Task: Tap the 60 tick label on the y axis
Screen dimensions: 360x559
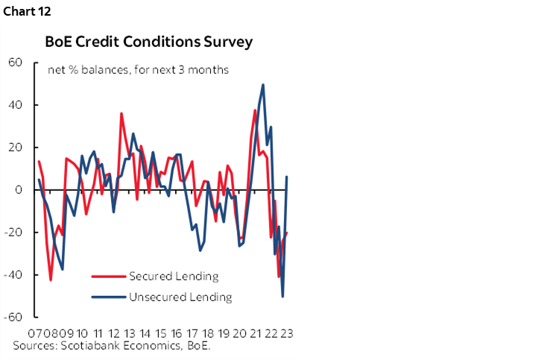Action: pyautogui.click(x=15, y=63)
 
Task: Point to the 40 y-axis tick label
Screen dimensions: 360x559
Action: pyautogui.click(x=15, y=105)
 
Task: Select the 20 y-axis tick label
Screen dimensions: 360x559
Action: pyautogui.click(x=15, y=148)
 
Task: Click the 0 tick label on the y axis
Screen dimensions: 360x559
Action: pyautogui.click(x=19, y=190)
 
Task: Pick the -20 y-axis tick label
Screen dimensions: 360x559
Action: pyautogui.click(x=13, y=233)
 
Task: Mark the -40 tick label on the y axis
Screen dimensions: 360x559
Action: pyautogui.click(x=13, y=275)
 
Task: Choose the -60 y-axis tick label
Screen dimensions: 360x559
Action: pyautogui.click(x=13, y=318)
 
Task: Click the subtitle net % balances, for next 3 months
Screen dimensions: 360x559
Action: pyautogui.click(x=138, y=71)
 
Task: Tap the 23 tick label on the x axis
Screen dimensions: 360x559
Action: pyautogui.click(x=285, y=333)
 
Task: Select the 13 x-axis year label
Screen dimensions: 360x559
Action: pyautogui.click(x=129, y=333)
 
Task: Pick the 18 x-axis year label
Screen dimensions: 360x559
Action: pyautogui.click(x=207, y=333)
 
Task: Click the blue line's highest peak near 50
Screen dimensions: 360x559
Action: pyautogui.click(x=263, y=85)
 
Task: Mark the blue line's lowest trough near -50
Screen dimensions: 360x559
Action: pyautogui.click(x=282, y=297)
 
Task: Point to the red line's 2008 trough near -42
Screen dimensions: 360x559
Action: pyautogui.click(x=51, y=280)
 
